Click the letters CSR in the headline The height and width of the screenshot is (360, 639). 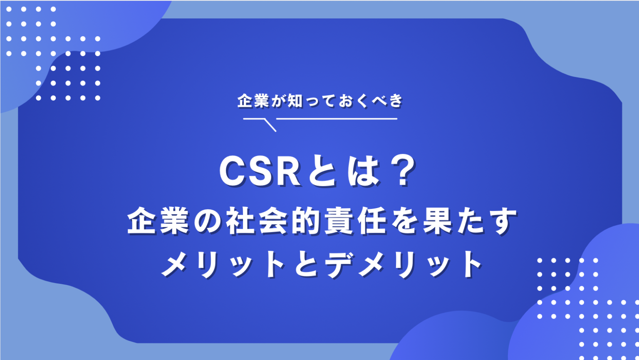[260, 172]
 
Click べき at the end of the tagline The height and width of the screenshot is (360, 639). [386, 101]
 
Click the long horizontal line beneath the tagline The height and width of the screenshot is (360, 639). [337, 119]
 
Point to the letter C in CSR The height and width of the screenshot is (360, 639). [233, 172]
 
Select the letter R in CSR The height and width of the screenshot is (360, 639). [287, 172]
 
